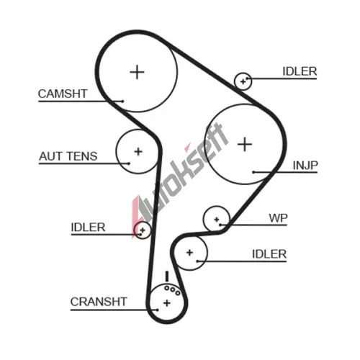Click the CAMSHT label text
coord(63,94)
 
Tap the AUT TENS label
coord(68,156)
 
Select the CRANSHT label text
coord(99,302)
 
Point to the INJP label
coord(305,166)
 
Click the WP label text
coord(278,218)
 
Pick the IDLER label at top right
coord(300,71)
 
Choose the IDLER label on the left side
coord(88,228)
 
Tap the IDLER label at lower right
coord(269,254)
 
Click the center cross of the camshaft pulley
coord(137,72)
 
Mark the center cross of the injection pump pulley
coord(245,144)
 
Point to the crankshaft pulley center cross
coord(167,303)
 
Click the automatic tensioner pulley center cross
coord(138,151)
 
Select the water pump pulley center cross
coord(217,220)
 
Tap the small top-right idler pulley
coord(243,81)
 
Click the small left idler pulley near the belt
coord(143,230)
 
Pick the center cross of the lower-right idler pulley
coord(189,253)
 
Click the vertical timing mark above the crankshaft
coord(167,276)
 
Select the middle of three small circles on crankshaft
coord(172,290)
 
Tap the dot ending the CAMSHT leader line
coord(122,102)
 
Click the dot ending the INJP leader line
coord(253,172)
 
